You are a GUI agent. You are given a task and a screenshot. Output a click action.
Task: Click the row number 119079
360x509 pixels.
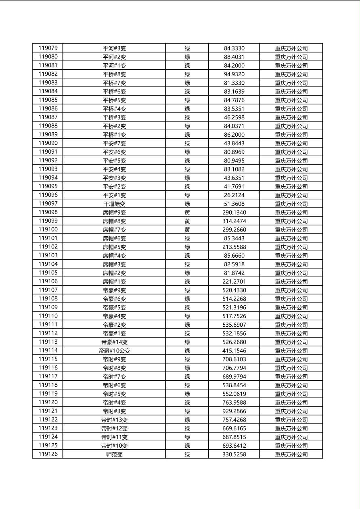click(48, 48)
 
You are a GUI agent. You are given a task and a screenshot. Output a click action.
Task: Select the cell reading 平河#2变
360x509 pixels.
click(114, 57)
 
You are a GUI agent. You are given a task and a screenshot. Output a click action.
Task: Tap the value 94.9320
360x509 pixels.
click(234, 74)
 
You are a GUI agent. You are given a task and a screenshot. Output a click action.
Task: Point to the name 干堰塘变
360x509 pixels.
click(114, 204)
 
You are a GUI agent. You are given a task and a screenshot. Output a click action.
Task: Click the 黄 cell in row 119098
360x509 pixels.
click(187, 213)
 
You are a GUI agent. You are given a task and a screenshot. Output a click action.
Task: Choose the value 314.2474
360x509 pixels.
click(234, 221)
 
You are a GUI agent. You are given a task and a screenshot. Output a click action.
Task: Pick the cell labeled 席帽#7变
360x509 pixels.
click(114, 230)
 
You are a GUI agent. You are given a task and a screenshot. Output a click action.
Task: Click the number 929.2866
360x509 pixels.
click(234, 411)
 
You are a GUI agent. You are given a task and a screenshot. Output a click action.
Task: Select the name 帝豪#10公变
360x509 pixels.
click(114, 351)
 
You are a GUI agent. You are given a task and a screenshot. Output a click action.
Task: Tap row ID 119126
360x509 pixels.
click(48, 454)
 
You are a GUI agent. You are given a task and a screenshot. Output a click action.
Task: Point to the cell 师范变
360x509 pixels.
click(114, 455)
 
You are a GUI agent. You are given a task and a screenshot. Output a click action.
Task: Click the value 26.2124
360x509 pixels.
click(234, 195)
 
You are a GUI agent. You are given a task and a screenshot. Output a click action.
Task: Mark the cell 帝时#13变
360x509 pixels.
click(114, 420)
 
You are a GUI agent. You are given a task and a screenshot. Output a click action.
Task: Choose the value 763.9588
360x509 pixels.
click(234, 403)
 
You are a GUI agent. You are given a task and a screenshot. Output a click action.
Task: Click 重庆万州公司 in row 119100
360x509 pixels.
click(291, 230)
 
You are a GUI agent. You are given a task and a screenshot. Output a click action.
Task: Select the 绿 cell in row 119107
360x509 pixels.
click(187, 290)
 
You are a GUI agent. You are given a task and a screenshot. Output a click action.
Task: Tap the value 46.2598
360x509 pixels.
click(234, 117)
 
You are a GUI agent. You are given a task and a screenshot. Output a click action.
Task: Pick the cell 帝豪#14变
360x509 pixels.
click(114, 342)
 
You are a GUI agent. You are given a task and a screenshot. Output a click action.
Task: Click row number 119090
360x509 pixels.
click(48, 143)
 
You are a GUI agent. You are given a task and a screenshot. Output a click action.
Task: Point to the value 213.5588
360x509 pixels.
click(234, 247)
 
